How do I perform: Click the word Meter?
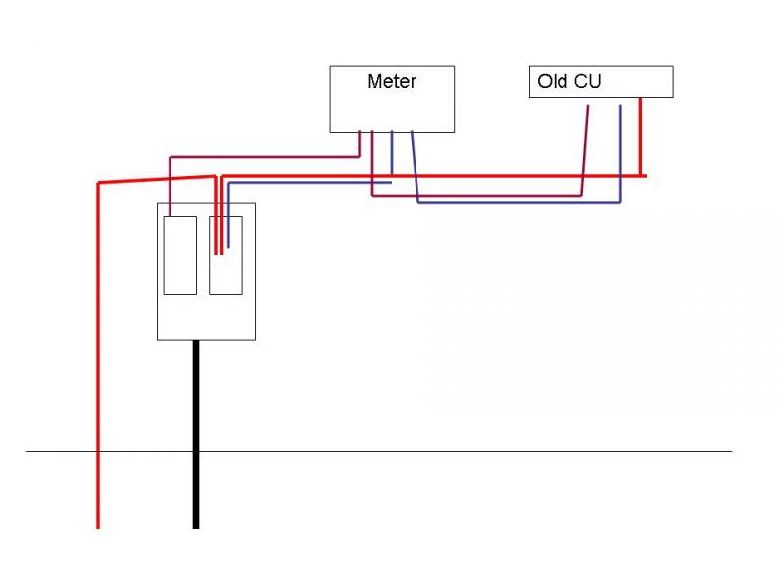pos(392,82)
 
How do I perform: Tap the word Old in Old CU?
pos(553,82)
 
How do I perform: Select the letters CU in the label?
pos(587,82)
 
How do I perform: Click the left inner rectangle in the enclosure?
pos(179,255)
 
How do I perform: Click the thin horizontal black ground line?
pos(441,451)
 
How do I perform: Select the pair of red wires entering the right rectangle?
pos(218,230)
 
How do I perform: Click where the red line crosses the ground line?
pos(98,451)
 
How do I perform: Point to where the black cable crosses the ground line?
pos(196,451)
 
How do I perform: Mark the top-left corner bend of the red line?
pos(98,183)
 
